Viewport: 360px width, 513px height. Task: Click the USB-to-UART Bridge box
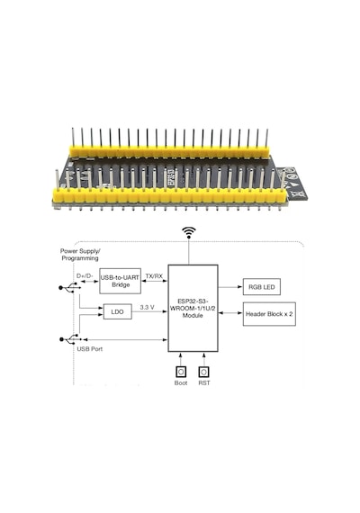point(120,281)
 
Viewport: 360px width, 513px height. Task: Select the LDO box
point(118,311)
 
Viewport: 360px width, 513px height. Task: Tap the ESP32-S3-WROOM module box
point(193,308)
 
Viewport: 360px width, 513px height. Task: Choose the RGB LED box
point(262,286)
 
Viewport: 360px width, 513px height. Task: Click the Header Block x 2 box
point(269,314)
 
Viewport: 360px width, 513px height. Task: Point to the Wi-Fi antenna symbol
point(189,232)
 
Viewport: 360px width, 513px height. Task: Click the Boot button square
point(181,372)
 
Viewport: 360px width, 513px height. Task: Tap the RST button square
point(204,372)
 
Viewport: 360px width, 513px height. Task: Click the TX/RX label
point(154,276)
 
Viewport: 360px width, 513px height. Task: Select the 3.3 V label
point(148,307)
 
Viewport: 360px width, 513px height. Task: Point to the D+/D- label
point(85,275)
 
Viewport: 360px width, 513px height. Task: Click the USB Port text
point(90,349)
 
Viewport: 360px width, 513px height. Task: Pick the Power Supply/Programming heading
point(80,255)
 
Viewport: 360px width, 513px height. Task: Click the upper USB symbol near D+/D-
point(69,288)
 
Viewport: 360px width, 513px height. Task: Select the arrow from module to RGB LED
point(230,287)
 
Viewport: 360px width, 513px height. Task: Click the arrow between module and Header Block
point(230,313)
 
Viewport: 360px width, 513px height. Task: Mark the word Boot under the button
point(181,382)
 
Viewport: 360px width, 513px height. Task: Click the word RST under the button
point(204,382)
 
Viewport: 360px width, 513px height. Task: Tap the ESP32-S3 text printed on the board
point(171,178)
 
